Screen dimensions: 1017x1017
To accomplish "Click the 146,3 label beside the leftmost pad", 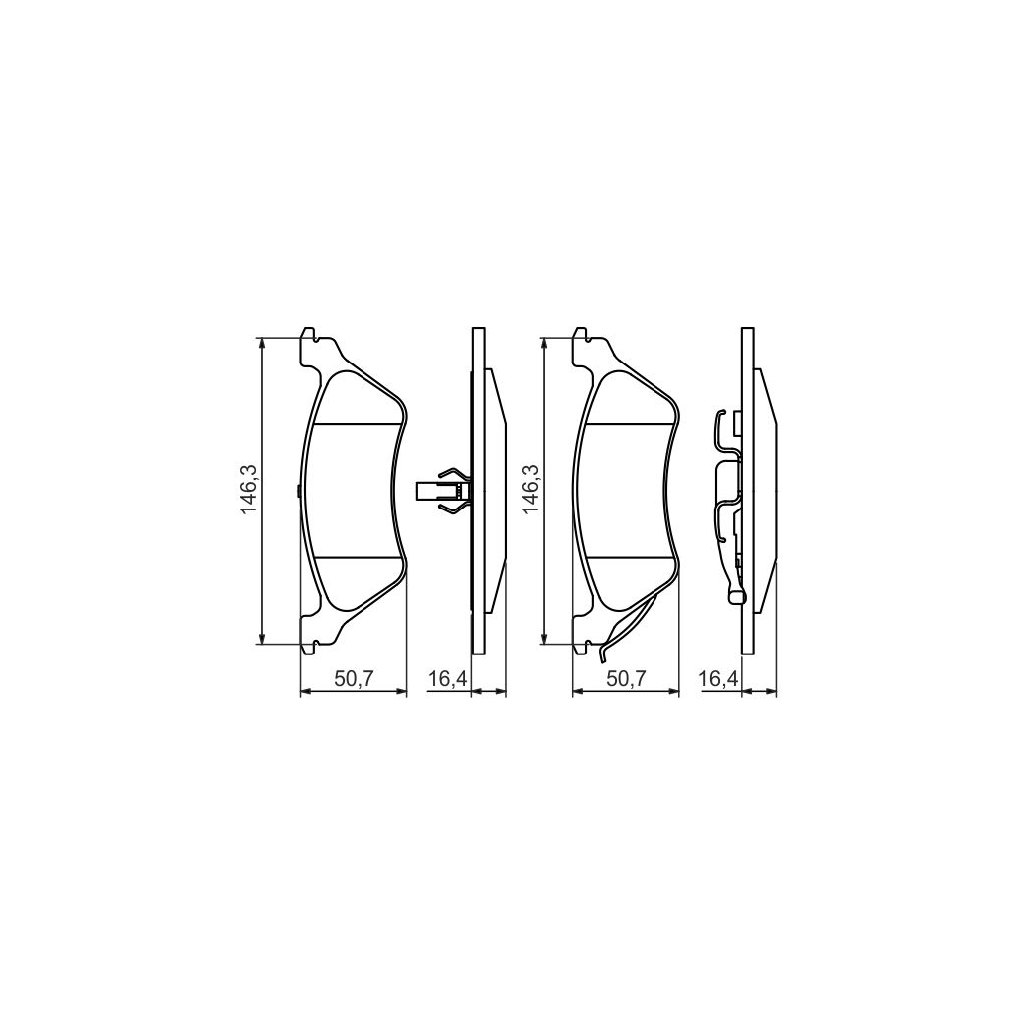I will click(x=248, y=491).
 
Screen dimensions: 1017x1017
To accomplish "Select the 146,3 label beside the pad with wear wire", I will click(x=530, y=491).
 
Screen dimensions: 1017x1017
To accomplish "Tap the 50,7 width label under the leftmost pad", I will click(x=353, y=679).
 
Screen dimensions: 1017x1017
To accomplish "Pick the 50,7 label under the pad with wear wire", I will click(x=626, y=679).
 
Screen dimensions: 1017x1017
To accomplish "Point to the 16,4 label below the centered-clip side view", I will click(x=446, y=679).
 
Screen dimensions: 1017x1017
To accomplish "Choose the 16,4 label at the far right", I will click(x=718, y=679).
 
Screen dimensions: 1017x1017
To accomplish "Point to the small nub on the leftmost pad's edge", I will click(x=299, y=491).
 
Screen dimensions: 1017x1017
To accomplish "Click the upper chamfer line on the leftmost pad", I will click(x=358, y=426).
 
